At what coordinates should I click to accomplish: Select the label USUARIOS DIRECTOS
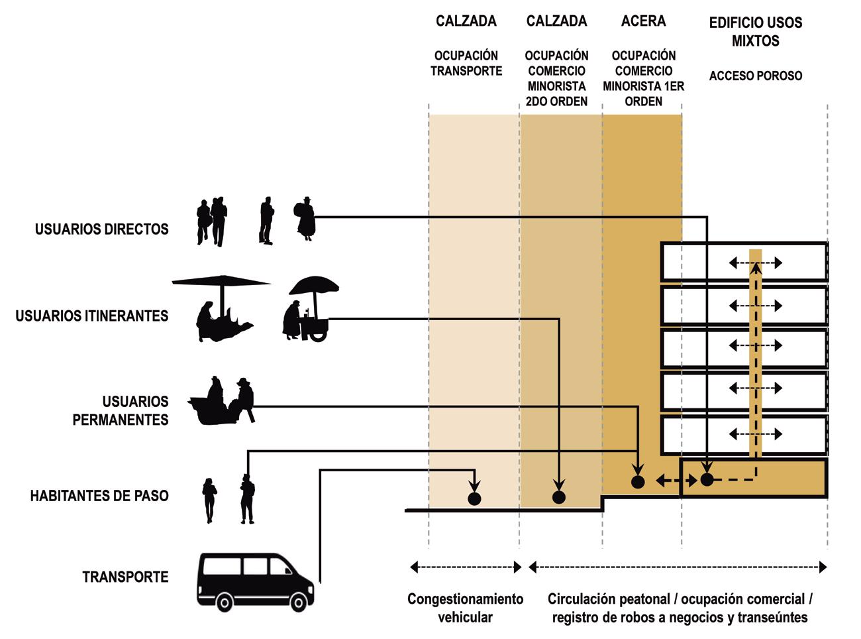tap(102, 229)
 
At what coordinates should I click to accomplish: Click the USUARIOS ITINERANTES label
tap(92, 316)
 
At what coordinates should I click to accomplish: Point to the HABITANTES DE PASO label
tap(99, 496)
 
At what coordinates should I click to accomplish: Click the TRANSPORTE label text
tap(125, 577)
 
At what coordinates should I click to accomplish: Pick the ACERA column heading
tap(643, 21)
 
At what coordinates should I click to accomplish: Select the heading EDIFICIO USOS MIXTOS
tap(755, 31)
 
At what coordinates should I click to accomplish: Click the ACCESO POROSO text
tap(755, 76)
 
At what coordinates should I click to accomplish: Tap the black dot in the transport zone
tap(474, 498)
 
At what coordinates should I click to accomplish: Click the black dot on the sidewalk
tap(637, 482)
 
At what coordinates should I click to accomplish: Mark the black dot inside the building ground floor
tap(707, 479)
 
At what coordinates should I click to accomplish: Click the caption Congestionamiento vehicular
tap(465, 608)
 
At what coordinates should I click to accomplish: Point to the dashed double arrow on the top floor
tap(755, 263)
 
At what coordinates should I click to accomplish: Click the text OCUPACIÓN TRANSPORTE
tap(466, 64)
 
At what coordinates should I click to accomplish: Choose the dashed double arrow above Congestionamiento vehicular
tap(466, 567)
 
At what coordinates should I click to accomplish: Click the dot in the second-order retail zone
tap(559, 498)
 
